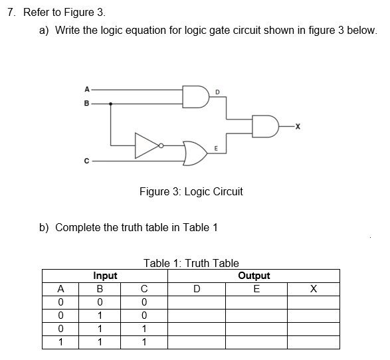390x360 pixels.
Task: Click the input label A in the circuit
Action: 86,90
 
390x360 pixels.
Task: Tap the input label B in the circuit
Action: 86,104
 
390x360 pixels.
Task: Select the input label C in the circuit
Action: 86,160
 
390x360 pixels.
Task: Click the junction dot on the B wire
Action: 110,104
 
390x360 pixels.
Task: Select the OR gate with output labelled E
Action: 197,152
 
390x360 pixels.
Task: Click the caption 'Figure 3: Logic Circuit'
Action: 191,191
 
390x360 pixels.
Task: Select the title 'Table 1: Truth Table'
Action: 191,263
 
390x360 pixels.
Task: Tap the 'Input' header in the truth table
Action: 105,276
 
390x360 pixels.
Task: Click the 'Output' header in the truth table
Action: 254,276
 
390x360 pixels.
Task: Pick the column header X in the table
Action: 313,289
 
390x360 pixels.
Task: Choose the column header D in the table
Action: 196,289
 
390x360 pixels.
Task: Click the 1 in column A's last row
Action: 61,343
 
